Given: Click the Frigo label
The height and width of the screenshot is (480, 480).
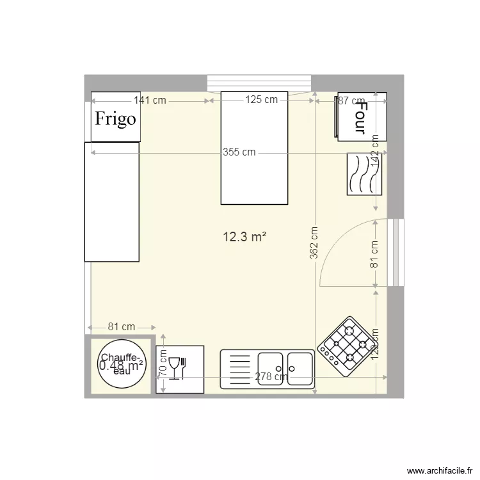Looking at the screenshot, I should point(115,118).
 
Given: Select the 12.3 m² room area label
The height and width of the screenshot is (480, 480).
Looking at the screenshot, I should point(244,237).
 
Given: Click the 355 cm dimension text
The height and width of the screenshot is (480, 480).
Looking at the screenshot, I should point(239,152).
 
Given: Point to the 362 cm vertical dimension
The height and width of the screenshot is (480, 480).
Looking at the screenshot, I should point(314,244).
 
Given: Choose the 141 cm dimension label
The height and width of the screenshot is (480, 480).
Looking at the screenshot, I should point(150,100).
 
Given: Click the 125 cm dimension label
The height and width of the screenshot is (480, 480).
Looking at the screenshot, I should point(262,99).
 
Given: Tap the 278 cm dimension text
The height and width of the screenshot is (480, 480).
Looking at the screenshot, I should point(271,377).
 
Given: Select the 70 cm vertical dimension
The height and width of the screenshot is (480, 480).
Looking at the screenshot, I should point(163,363).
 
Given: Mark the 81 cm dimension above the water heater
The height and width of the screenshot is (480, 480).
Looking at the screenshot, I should point(121,326).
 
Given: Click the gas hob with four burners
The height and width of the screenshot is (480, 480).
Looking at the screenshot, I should point(344,346).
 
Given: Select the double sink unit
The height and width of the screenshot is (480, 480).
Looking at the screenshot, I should point(267,369).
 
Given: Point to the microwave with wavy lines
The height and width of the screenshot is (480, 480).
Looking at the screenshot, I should point(365,174).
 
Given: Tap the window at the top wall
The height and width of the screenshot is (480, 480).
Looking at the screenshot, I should point(259,83).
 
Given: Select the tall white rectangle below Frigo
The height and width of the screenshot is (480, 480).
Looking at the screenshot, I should point(112,202).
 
